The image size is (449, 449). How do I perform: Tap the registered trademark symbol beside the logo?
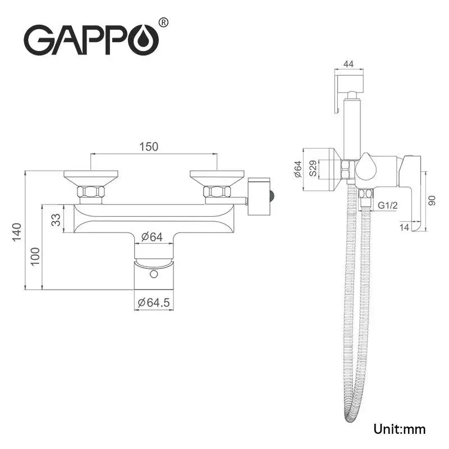[163, 23]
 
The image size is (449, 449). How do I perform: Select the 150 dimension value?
[149, 146]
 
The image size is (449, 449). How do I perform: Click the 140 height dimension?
[17, 231]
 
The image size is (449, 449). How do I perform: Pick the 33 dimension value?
[56, 219]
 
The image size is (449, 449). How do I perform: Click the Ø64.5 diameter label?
[153, 303]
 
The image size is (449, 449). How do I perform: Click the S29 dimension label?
[313, 168]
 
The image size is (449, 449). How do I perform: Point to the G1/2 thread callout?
[388, 205]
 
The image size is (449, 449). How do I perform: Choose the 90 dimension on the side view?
[432, 200]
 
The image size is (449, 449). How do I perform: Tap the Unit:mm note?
[400, 429]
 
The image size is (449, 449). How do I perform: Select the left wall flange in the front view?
[90, 178]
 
